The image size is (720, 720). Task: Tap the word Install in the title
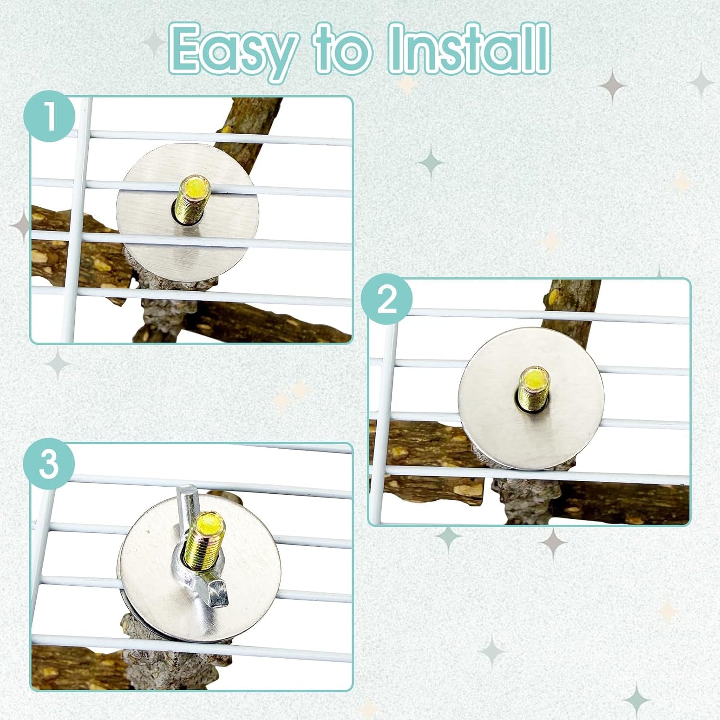click(x=469, y=48)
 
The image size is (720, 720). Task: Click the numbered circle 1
click(x=49, y=116)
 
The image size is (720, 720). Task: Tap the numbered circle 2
click(x=387, y=299)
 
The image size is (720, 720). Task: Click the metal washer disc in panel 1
click(x=187, y=212)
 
